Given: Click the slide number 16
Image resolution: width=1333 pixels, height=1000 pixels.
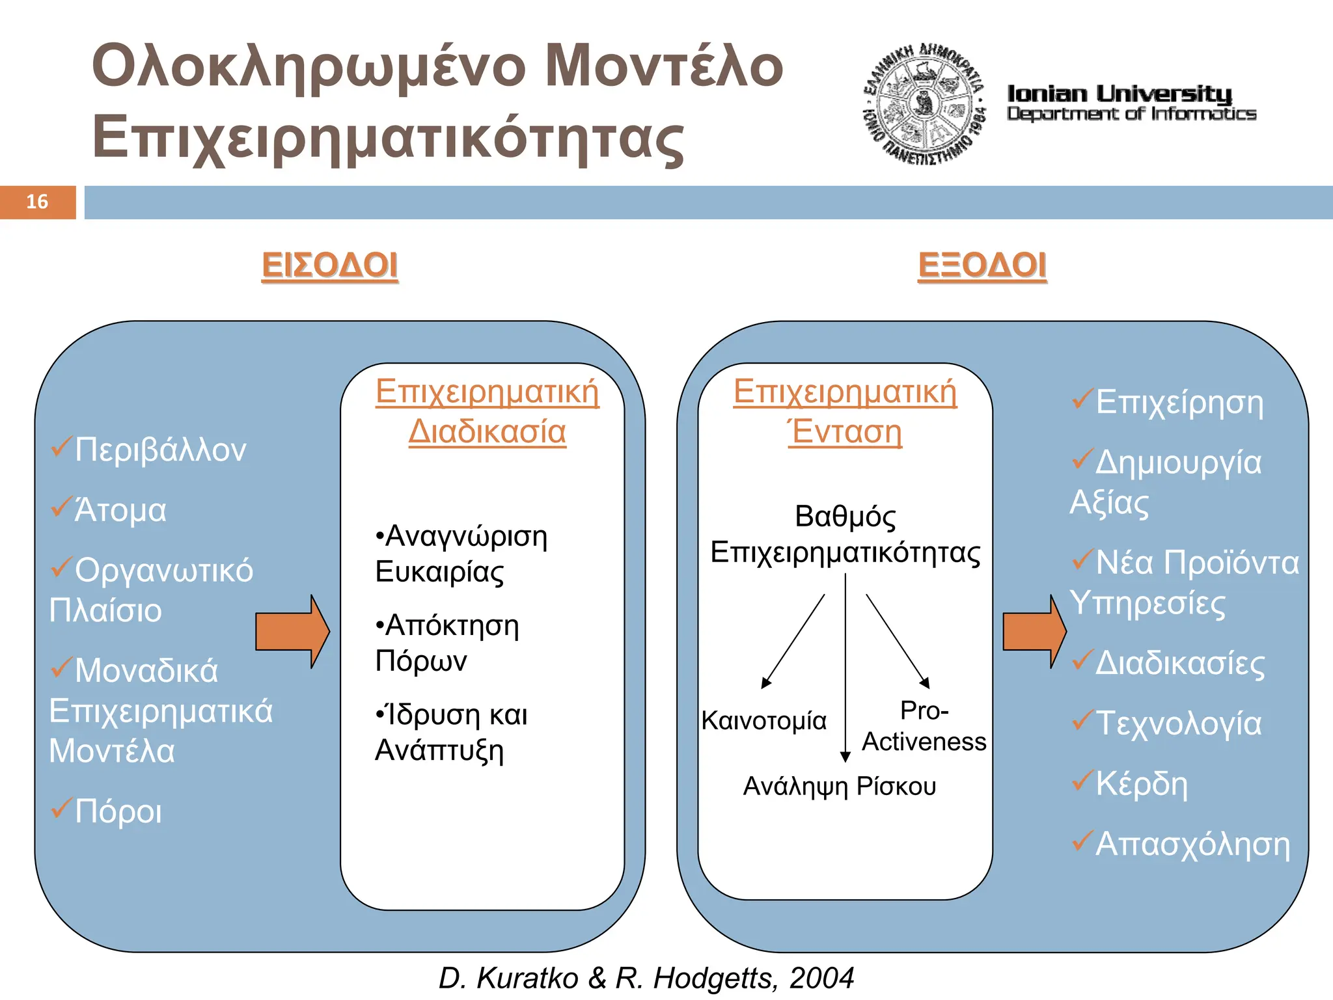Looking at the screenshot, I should point(37,202).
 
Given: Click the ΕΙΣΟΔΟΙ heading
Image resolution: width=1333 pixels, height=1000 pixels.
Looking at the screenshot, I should point(329,265).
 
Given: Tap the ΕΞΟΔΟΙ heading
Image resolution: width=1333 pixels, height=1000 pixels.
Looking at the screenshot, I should point(982,265).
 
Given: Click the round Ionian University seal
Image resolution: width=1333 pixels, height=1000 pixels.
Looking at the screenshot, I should point(924,104).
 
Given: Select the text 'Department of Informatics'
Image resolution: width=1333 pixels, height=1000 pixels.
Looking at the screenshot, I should point(1131,114).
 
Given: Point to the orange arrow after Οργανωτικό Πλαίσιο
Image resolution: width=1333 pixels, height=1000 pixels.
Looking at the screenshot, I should point(292,631).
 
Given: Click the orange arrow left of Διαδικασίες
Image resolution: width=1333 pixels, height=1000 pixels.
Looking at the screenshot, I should point(1034,631).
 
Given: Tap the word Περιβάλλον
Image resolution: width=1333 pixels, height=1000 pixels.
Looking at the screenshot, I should point(160,450).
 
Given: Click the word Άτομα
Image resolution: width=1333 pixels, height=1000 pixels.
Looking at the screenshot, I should point(120,510).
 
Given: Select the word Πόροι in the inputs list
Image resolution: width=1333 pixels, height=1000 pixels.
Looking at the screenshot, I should point(118,811).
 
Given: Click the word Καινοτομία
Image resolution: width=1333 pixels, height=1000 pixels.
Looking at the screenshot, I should point(763,721).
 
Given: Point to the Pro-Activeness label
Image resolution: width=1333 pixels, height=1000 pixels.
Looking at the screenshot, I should point(924,726).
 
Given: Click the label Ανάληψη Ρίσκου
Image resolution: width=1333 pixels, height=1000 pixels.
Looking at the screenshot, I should point(840,787).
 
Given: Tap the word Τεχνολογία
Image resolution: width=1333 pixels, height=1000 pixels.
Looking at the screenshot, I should point(1178,723).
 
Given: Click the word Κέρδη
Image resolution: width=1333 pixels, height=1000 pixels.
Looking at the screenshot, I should point(1141,783).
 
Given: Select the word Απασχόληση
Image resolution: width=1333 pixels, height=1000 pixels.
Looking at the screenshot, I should point(1192,844).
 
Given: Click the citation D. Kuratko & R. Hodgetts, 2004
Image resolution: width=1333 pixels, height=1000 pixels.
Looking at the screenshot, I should point(646,978).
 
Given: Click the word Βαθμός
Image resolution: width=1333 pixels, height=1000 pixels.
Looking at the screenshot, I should point(845,517).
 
